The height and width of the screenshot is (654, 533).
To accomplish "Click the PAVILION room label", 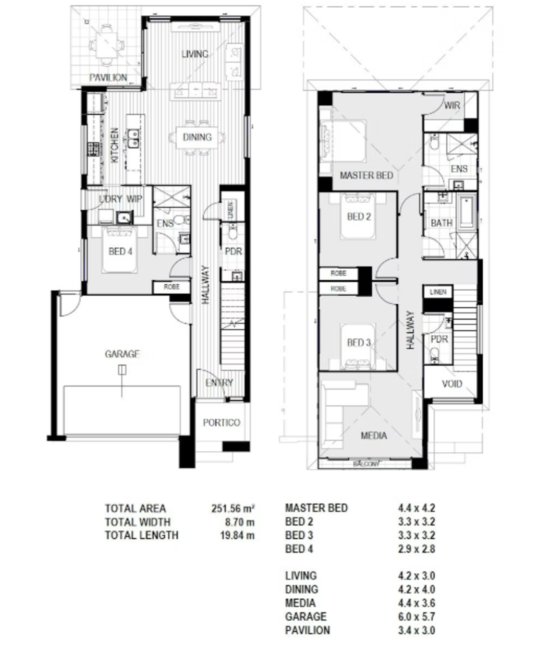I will tap(108, 78).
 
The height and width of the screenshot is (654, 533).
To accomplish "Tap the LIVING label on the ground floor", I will tap(195, 54).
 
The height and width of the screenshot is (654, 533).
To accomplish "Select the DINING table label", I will tap(197, 137).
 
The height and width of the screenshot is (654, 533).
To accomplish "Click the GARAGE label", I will tap(122, 354).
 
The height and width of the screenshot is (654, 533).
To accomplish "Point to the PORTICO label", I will tap(222, 422).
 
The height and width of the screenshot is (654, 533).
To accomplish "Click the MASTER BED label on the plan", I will tap(366, 175).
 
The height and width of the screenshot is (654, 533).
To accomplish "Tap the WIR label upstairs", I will tap(452, 106).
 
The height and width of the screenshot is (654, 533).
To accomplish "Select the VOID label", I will tap(452, 384).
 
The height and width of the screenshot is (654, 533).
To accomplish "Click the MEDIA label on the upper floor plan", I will tap(374, 436).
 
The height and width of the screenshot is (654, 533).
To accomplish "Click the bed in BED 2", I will tap(358, 216).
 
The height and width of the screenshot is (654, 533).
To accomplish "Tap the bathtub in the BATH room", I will tap(467, 213).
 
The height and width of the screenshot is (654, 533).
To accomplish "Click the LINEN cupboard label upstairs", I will tap(438, 292).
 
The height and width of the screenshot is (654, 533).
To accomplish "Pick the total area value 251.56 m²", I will tap(233, 508).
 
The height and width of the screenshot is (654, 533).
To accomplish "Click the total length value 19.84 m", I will tap(237, 535).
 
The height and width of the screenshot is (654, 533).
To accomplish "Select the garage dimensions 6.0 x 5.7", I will tap(416, 617).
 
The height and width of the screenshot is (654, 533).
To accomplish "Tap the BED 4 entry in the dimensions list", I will tap(299, 549).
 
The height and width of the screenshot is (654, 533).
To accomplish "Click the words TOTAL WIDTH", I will tap(137, 522).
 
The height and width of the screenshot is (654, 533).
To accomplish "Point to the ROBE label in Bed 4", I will tap(171, 287).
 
